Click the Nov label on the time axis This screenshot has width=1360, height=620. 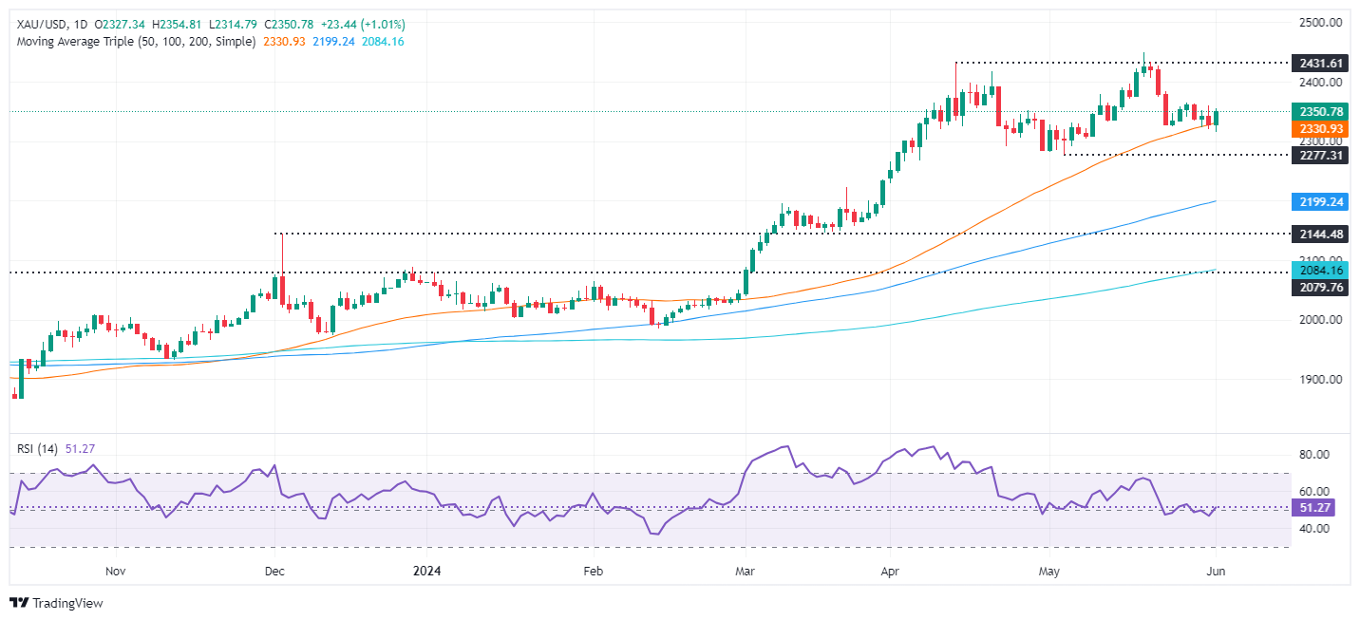point(115,572)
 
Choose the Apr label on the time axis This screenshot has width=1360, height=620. point(890,572)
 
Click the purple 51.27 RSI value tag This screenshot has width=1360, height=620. point(1316,508)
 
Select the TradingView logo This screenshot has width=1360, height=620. point(56,603)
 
